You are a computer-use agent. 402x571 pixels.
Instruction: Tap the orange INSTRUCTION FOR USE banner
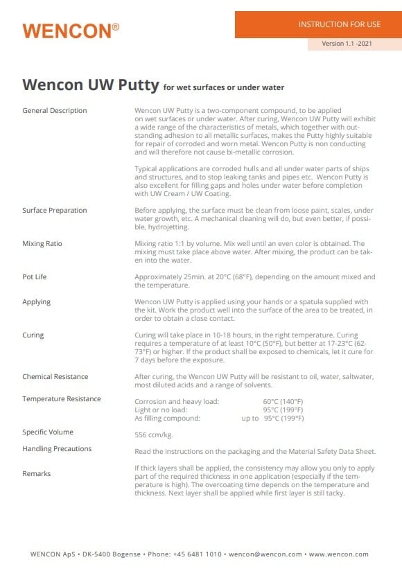tap(318, 24)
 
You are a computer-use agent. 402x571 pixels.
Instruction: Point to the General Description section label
tap(55, 111)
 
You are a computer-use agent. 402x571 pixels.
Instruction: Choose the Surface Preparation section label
tap(55, 211)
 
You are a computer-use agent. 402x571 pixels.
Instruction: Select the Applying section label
tap(37, 302)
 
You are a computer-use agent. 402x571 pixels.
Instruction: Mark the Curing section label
tap(33, 335)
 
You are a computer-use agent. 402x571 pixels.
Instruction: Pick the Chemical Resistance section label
tap(55, 377)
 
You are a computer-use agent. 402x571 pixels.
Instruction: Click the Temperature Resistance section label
tap(62, 399)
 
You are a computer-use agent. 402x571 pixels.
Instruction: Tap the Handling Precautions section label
tap(57, 449)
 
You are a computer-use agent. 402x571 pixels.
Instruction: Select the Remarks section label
tap(37, 474)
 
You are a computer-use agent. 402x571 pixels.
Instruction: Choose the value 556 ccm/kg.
tap(154, 435)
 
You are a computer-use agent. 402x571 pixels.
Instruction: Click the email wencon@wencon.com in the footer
tap(265, 554)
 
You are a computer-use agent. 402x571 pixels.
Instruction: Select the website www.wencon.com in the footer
tap(338, 554)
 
